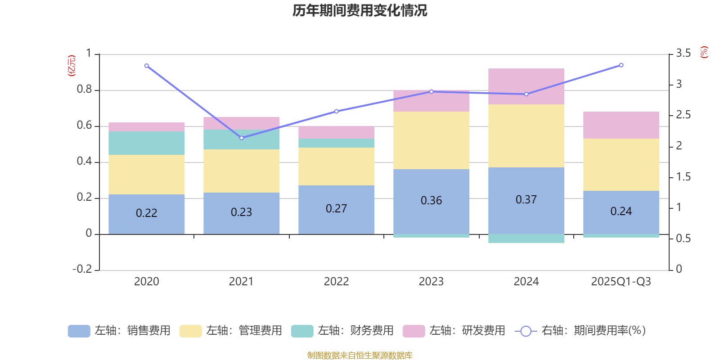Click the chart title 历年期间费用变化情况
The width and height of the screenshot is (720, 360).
tap(360, 10)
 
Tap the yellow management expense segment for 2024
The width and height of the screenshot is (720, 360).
tap(526, 136)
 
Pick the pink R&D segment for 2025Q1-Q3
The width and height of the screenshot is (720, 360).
tap(621, 125)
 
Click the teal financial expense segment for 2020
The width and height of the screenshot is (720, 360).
tap(147, 143)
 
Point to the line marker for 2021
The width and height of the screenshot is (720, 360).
tap(242, 138)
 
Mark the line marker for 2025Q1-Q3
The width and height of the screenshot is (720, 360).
tap(621, 65)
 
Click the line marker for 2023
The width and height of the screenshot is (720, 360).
tap(431, 91)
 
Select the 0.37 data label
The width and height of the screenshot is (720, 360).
tap(526, 199)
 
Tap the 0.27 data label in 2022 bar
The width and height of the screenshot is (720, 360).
tap(336, 208)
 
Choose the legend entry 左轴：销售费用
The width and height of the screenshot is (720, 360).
tap(119, 331)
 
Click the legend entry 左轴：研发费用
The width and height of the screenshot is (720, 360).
tap(454, 331)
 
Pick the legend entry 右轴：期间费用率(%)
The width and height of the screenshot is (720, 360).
tap(580, 331)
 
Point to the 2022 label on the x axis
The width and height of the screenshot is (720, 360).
tap(336, 282)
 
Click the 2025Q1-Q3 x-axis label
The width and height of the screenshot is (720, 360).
tap(621, 282)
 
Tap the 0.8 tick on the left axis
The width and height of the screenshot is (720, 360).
tap(84, 90)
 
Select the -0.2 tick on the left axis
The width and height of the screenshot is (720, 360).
tap(82, 269)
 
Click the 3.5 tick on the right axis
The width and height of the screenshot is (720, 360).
tap(683, 54)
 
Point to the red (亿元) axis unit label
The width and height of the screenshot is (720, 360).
tap(72, 66)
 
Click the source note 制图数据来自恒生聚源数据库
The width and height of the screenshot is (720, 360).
tap(360, 355)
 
